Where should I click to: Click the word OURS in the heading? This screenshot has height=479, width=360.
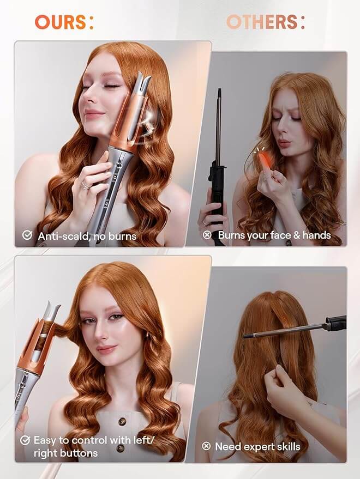pos(60,22)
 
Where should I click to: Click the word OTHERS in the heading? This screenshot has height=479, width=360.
pos(261,22)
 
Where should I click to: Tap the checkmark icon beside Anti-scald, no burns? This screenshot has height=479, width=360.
pos(27,235)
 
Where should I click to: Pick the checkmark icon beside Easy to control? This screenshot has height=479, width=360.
pos(25,440)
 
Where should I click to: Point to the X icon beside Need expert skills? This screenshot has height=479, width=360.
pos(206,446)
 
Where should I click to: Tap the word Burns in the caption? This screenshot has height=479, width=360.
pos(233,235)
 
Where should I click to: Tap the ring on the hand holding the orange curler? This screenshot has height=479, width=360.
pos(86,185)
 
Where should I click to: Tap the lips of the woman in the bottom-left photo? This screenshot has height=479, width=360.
pos(106,349)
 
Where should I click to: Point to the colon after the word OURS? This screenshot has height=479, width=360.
pos(91,23)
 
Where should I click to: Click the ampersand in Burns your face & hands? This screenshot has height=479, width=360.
pos(296,235)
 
